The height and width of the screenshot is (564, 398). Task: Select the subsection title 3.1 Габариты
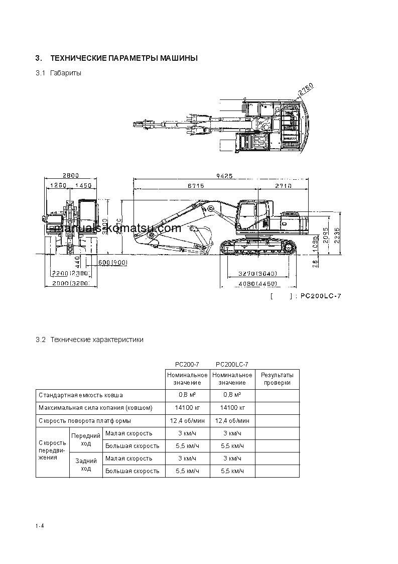(x=58, y=73)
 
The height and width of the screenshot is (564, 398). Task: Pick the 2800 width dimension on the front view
(x=71, y=176)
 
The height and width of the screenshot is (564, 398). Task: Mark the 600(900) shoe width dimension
(x=112, y=263)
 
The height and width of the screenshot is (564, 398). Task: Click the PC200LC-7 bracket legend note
(x=306, y=296)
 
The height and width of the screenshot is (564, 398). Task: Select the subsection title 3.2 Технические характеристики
(x=89, y=340)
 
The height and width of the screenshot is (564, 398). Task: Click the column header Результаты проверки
(x=277, y=379)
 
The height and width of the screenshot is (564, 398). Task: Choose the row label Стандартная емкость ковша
(x=81, y=395)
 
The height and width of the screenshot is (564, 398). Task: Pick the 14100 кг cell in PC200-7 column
(x=187, y=408)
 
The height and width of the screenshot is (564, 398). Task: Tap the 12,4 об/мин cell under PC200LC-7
(x=232, y=420)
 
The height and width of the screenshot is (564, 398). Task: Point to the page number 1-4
(x=40, y=526)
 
